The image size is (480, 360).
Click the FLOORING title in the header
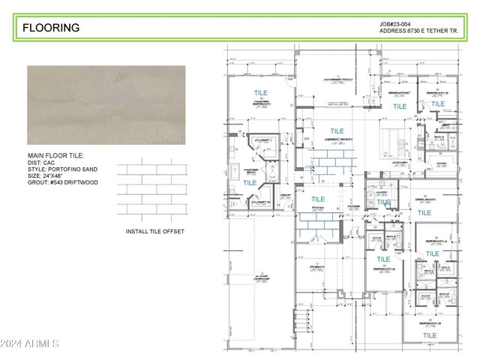pos(51,28)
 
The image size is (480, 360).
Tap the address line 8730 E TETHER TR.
pos(418,31)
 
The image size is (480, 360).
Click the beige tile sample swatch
pos(106,105)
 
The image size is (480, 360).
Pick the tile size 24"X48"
pos(62,176)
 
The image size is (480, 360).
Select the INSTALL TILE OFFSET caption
pos(154,232)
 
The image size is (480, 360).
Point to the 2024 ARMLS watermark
pos(30,343)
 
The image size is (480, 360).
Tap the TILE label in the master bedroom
pos(259,93)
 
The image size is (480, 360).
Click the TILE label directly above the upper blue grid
pos(337,131)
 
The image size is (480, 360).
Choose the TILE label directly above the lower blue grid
pos(318,199)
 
